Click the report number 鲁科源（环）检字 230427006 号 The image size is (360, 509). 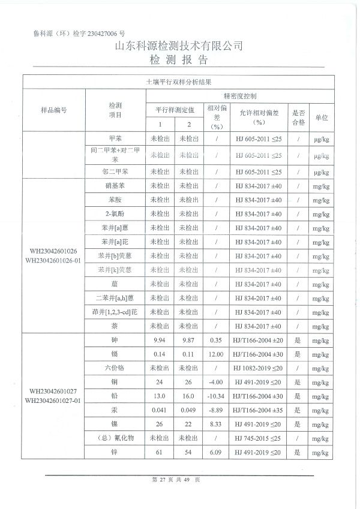pyautogui.click(x=80, y=35)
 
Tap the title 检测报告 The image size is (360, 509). pyautogui.click(x=179, y=60)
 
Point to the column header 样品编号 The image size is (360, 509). pyautogui.click(x=53, y=110)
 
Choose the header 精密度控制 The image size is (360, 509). pyautogui.click(x=239, y=96)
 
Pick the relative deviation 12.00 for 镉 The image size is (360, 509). pyautogui.click(x=216, y=354)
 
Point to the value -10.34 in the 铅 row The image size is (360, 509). pyautogui.click(x=216, y=396)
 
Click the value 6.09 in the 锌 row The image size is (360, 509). pyautogui.click(x=216, y=452)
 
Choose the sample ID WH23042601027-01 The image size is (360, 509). pyautogui.click(x=53, y=400)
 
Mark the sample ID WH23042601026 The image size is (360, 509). pyautogui.click(x=53, y=251)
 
